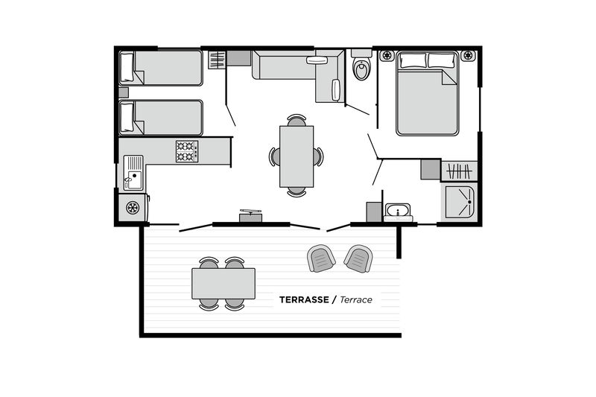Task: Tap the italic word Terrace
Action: pyautogui.click(x=356, y=299)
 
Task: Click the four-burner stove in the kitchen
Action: pyautogui.click(x=186, y=151)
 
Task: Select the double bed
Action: pyautogui.click(x=427, y=94)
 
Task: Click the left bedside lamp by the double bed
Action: pyautogui.click(x=387, y=56)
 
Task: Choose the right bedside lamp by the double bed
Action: pyautogui.click(x=467, y=56)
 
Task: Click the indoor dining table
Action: pyautogui.click(x=297, y=156)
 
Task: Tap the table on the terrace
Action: pyautogui.click(x=223, y=283)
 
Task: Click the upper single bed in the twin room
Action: pyautogui.click(x=162, y=68)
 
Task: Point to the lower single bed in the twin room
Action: pyautogui.click(x=162, y=118)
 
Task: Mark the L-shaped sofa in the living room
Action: pyautogui.click(x=294, y=69)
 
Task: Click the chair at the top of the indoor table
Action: pyautogui.click(x=297, y=120)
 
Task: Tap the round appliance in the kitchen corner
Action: pyautogui.click(x=133, y=208)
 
